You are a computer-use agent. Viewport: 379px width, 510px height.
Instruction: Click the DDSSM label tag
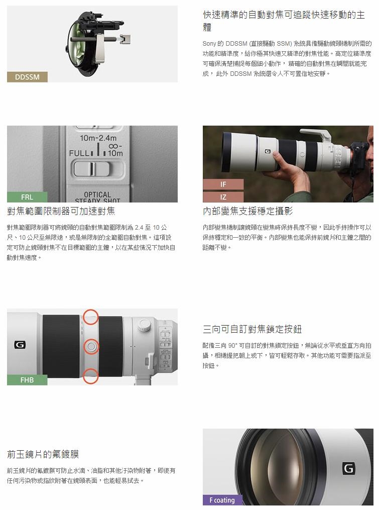pyautogui.click(x=27, y=77)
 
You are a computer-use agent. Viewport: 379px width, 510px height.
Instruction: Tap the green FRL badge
pyautogui.click(x=27, y=197)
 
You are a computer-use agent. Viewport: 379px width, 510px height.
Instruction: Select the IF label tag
pyautogui.click(x=223, y=184)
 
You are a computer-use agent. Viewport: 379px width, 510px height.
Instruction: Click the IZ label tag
pyautogui.click(x=223, y=197)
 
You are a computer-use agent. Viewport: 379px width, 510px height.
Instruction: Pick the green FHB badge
pyautogui.click(x=27, y=380)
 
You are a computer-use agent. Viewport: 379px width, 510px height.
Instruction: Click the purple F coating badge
pyautogui.click(x=223, y=500)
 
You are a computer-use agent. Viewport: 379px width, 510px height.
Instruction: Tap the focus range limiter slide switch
pyautogui.click(x=92, y=169)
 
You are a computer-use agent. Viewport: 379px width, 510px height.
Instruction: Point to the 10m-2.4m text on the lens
pyautogui.click(x=98, y=138)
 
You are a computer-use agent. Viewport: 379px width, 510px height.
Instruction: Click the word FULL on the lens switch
pyautogui.click(x=79, y=153)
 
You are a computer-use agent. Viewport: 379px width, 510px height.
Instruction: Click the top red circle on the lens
pyautogui.click(x=91, y=317)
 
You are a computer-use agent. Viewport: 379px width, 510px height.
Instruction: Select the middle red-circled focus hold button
pyautogui.click(x=91, y=346)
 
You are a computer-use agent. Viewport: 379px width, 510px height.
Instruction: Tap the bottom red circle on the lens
pyautogui.click(x=91, y=376)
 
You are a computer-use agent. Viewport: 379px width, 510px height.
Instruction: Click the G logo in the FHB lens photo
pyautogui.click(x=20, y=345)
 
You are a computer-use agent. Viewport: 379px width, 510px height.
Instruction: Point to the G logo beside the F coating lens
pyautogui.click(x=348, y=469)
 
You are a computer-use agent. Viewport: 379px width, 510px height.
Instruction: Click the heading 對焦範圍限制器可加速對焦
pyautogui.click(x=61, y=212)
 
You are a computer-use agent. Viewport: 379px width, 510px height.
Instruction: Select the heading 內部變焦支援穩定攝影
pyautogui.click(x=247, y=212)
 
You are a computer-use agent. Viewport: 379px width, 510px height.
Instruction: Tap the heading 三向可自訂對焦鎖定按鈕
pyautogui.click(x=252, y=329)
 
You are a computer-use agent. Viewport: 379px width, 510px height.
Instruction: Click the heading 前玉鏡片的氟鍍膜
pyautogui.click(x=43, y=454)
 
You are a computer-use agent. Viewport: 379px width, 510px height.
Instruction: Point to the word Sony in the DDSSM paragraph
pyautogui.click(x=209, y=44)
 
